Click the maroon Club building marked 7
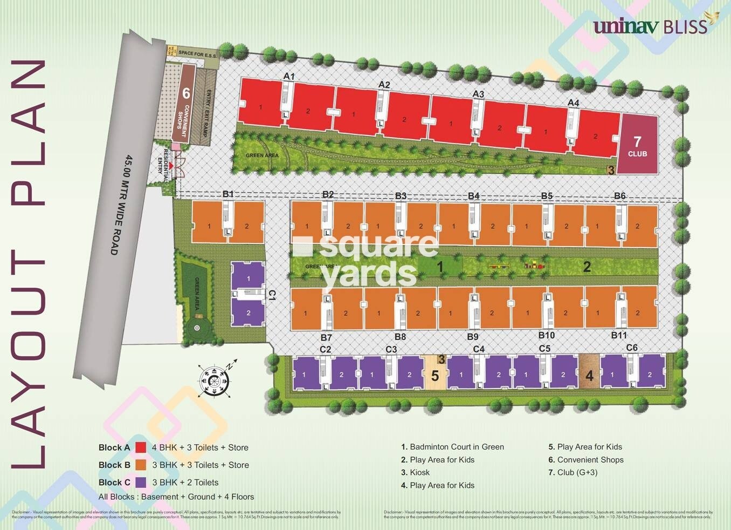click(x=637, y=145)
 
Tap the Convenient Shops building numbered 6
click(x=185, y=105)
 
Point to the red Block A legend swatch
click(x=141, y=447)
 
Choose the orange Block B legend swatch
click(x=141, y=465)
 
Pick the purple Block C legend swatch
click(x=141, y=483)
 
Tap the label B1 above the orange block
click(x=228, y=194)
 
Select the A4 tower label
click(x=573, y=103)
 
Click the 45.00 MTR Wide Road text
click(x=122, y=205)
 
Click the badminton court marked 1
click(x=440, y=266)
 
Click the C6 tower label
click(x=632, y=348)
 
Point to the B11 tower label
click(x=619, y=335)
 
